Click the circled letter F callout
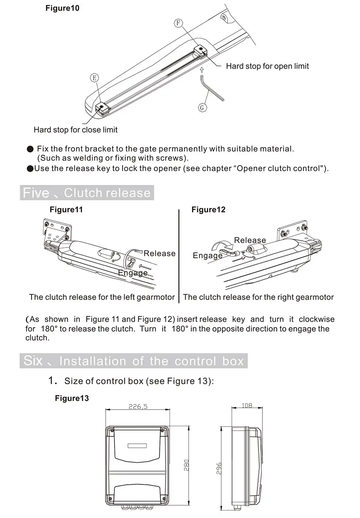click(178, 23)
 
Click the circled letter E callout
click(94, 78)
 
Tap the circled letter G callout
click(202, 108)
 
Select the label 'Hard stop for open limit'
click(267, 66)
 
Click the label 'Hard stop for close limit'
click(75, 130)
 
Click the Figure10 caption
click(62, 8)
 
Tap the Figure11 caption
click(66, 210)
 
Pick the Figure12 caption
click(208, 210)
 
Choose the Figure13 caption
click(72, 398)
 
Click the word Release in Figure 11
click(159, 254)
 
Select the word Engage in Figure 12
click(207, 256)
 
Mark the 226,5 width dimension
click(138, 406)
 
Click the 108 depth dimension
click(247, 405)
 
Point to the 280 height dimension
click(186, 465)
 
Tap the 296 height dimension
click(219, 468)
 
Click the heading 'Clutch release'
click(107, 193)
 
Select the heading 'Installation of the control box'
click(151, 361)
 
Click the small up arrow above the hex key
click(202, 70)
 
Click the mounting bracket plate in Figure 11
click(56, 232)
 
